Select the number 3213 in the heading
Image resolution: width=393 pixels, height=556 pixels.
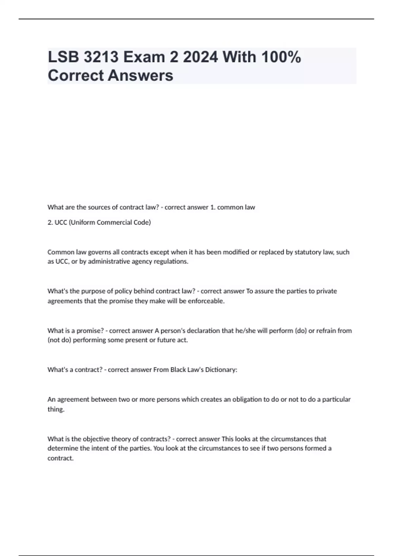pyautogui.click(x=101, y=57)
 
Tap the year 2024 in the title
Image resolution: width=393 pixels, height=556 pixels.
pyautogui.click(x=200, y=57)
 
